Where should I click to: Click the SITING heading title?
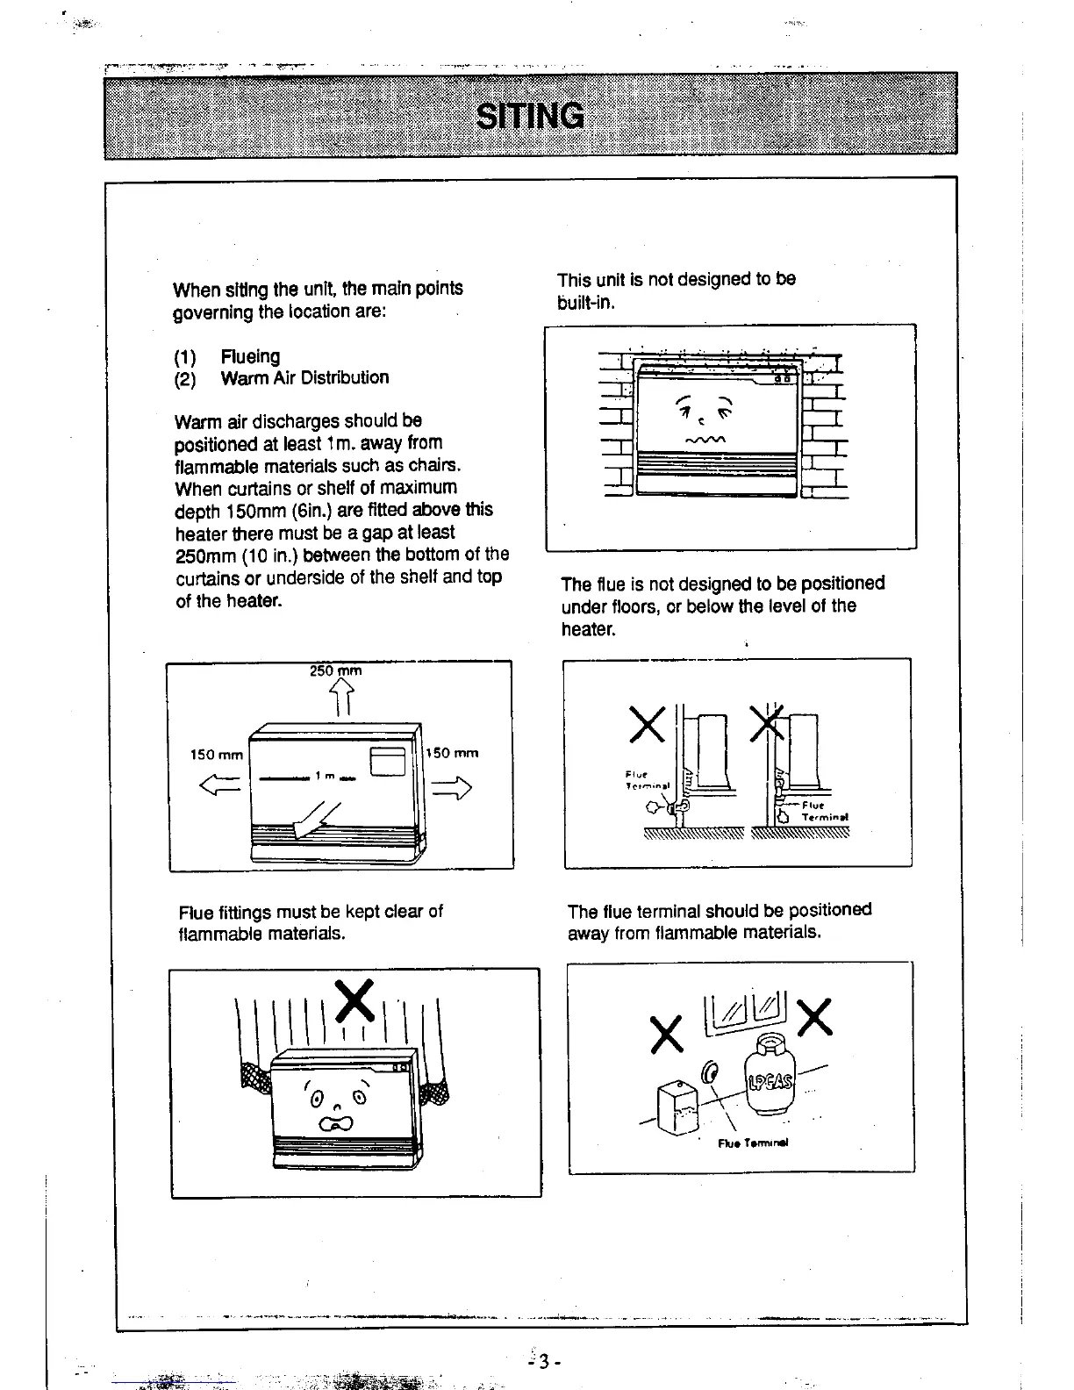pyautogui.click(x=530, y=116)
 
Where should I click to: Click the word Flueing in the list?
pyautogui.click(x=250, y=356)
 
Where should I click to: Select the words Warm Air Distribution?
pyautogui.click(x=304, y=378)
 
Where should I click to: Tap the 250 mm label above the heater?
pyautogui.click(x=335, y=671)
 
